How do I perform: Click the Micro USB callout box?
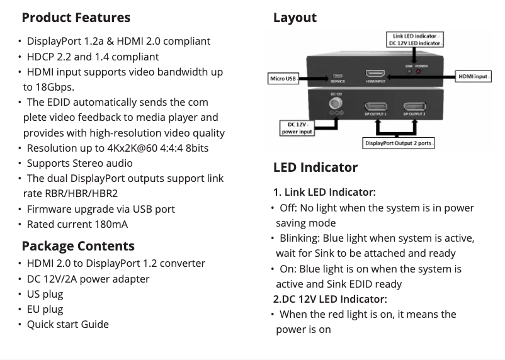pos(282,79)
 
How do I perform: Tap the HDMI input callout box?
pos(473,76)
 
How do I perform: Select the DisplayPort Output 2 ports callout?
pos(399,143)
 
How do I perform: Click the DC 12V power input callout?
pos(296,128)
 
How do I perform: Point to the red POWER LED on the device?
pos(420,71)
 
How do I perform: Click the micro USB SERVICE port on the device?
pos(338,77)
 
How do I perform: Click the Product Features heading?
pos(76,18)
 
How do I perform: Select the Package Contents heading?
pos(78,245)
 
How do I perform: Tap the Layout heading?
pos(295,18)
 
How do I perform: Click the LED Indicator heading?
pos(315,167)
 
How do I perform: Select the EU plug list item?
pos(45,309)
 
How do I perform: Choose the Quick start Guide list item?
pos(67,324)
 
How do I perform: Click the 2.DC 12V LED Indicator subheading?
pos(330,299)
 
